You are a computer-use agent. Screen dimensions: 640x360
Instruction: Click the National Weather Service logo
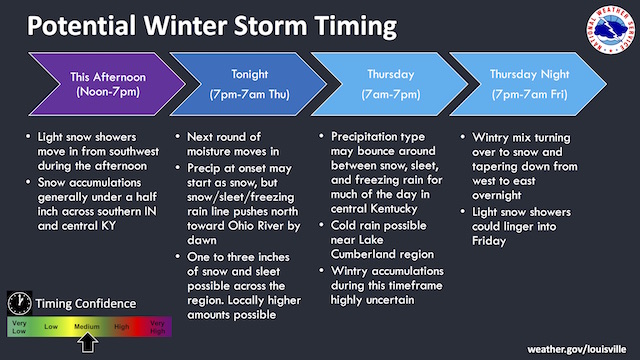(x=611, y=30)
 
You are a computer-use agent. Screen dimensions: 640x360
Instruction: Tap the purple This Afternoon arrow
(x=107, y=84)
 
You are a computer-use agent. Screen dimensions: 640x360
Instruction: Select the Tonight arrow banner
(x=249, y=84)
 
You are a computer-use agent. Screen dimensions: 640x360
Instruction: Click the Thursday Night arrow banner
(x=529, y=84)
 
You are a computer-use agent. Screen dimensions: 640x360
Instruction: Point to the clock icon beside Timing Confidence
(x=19, y=303)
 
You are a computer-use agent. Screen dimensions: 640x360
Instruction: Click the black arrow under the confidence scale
(x=88, y=343)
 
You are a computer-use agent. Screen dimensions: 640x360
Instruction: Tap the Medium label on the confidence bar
(x=87, y=327)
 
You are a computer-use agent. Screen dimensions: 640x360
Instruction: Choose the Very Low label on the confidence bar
(x=19, y=327)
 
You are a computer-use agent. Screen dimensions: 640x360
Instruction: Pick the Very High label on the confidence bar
(x=157, y=327)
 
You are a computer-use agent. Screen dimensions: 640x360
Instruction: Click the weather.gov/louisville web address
(x=577, y=349)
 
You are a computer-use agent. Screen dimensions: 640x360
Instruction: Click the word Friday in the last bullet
(x=489, y=241)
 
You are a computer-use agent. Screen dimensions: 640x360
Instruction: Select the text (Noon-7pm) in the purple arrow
(x=108, y=91)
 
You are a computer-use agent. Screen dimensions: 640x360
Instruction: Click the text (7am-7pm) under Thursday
(x=391, y=94)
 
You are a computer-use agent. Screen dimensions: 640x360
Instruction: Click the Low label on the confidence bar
(x=51, y=327)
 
